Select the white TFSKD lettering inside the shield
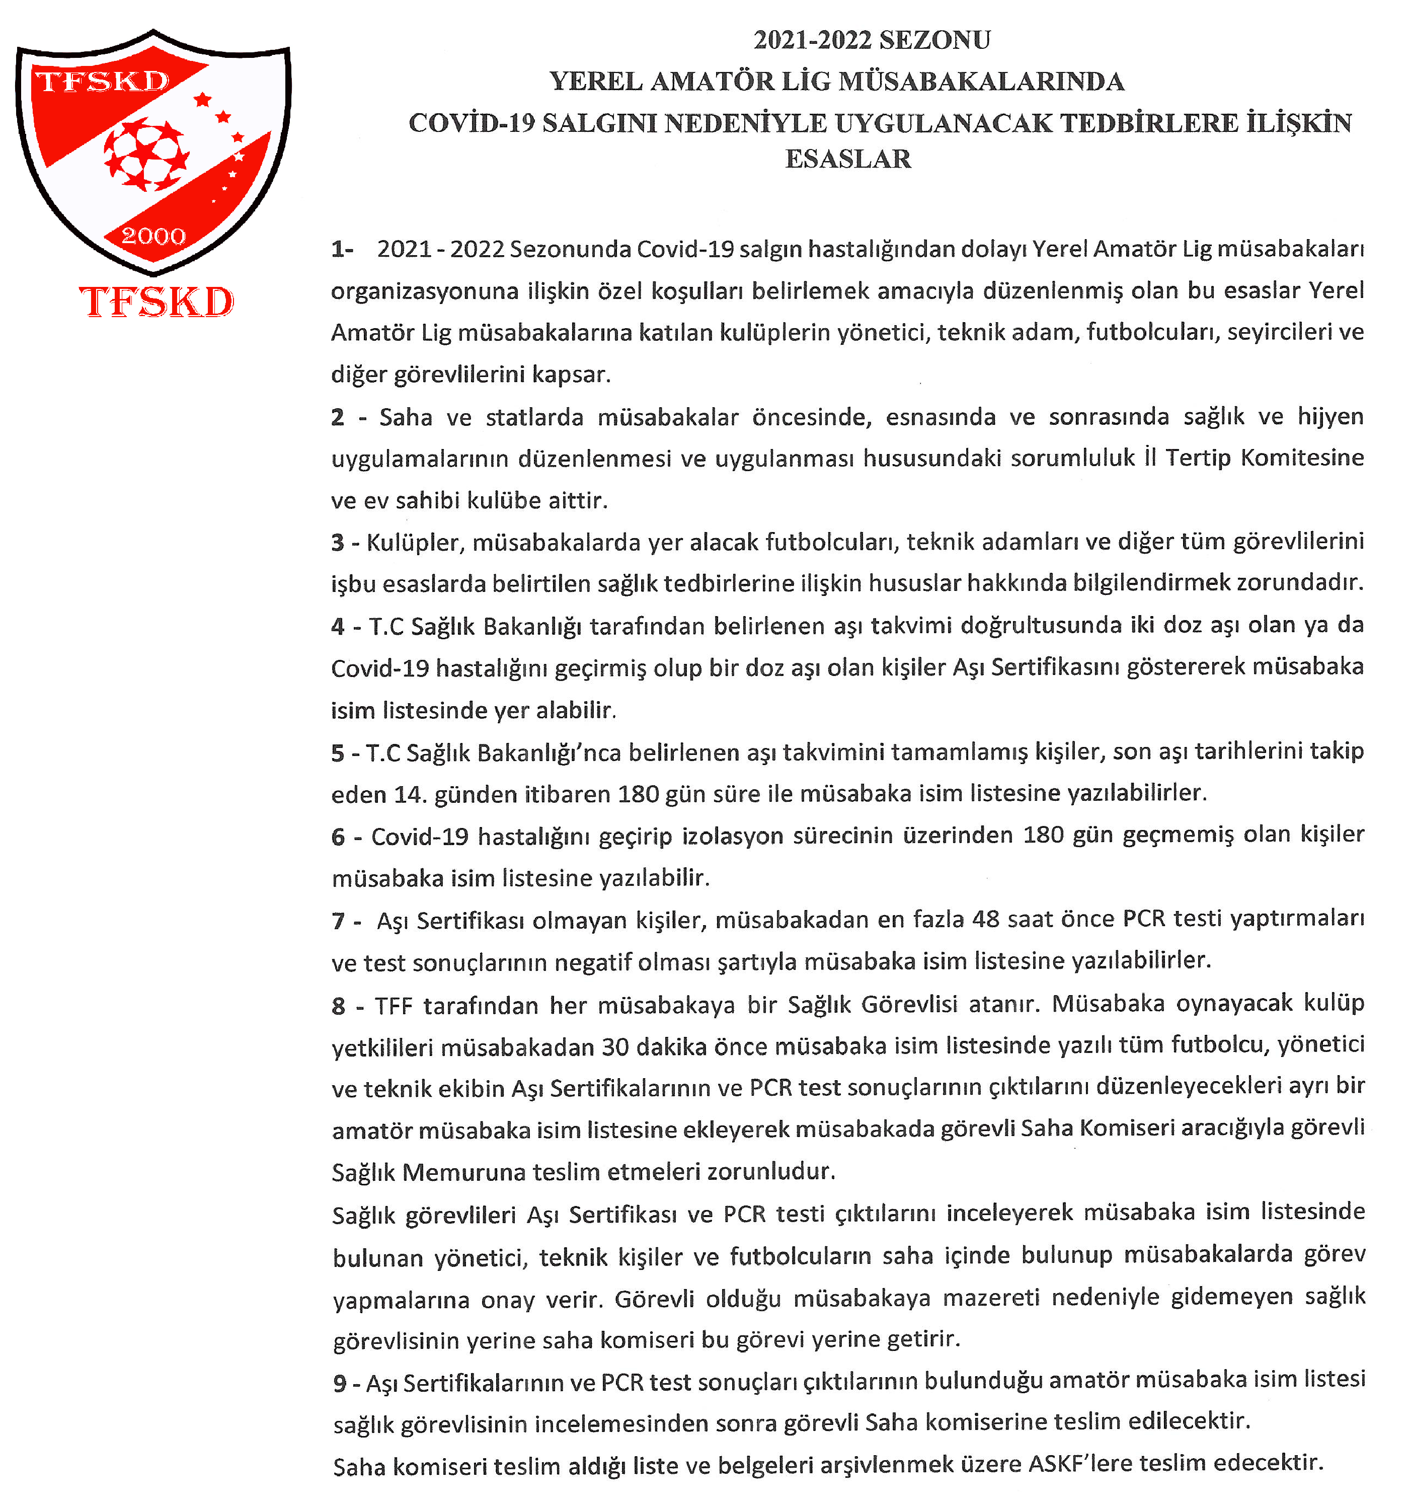[x=103, y=81]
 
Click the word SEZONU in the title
[x=935, y=40]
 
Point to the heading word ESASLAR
[x=848, y=159]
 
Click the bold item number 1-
[x=342, y=249]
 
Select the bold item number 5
[x=338, y=753]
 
